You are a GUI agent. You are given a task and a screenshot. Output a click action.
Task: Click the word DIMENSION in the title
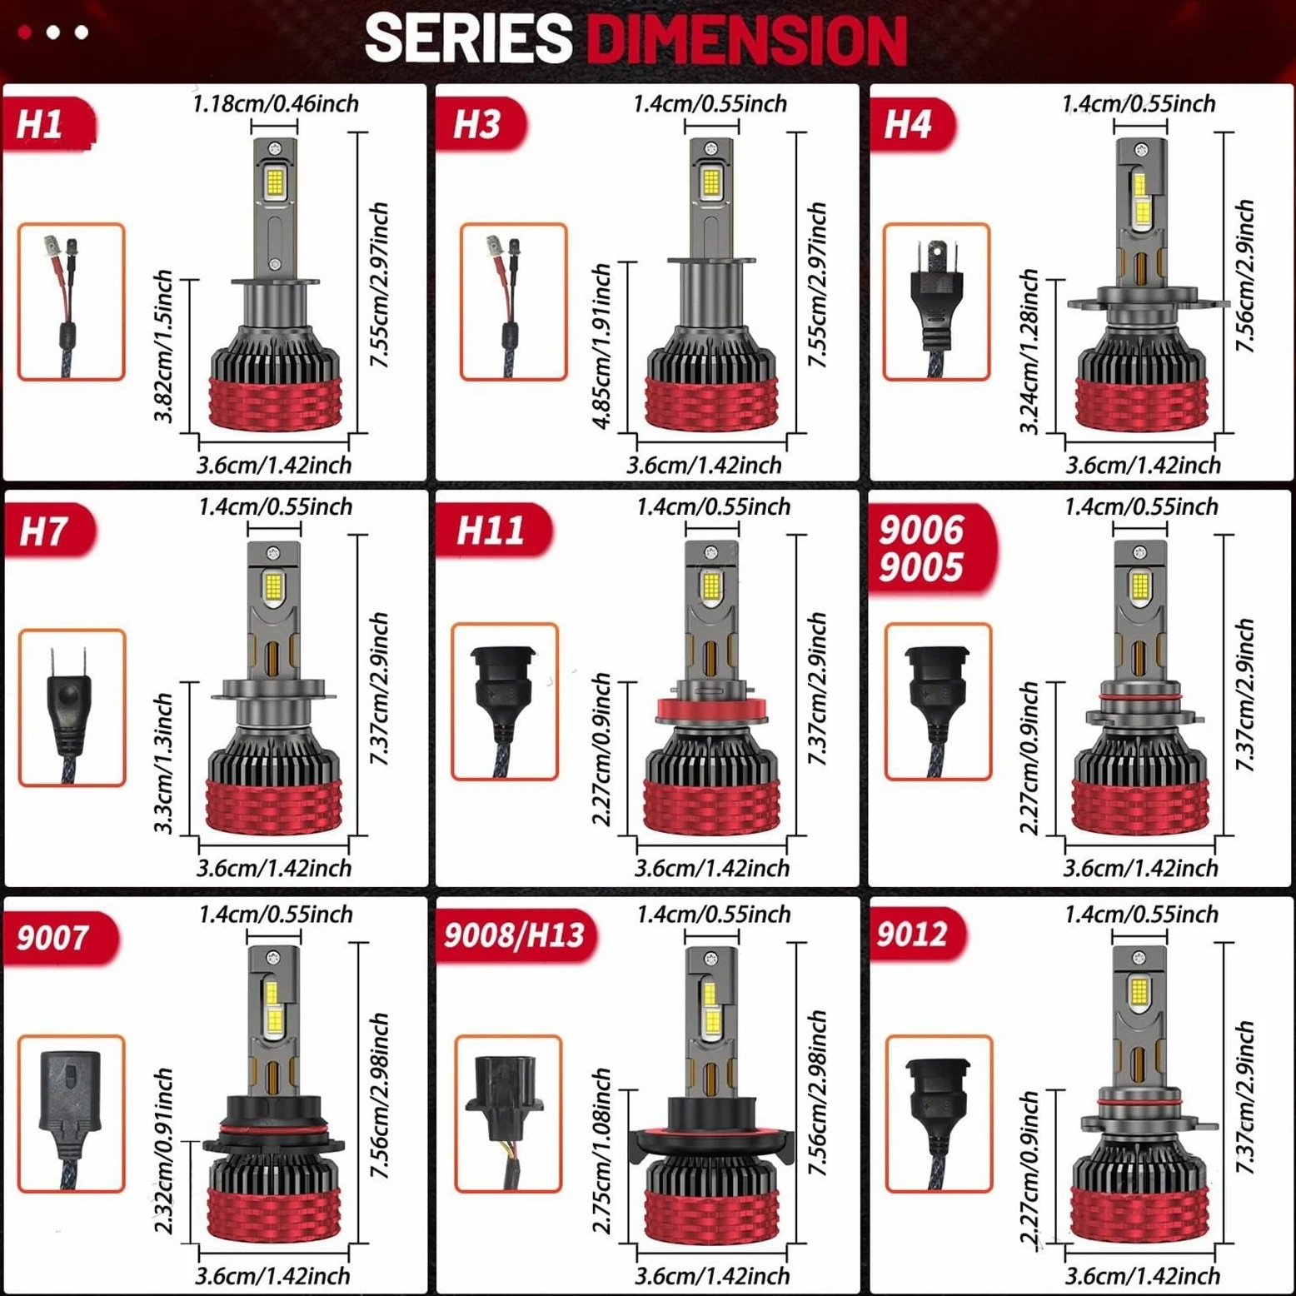[x=746, y=38]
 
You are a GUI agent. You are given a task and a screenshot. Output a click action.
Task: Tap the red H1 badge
[x=48, y=124]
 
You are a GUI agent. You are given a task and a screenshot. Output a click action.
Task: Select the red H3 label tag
[x=481, y=124]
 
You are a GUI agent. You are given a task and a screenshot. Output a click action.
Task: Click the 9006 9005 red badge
[x=931, y=550]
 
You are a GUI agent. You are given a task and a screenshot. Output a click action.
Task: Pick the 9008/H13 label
[x=516, y=936]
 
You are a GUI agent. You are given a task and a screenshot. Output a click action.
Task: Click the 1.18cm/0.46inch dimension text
[x=276, y=104]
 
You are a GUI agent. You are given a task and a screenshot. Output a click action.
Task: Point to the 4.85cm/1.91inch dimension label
[x=601, y=346]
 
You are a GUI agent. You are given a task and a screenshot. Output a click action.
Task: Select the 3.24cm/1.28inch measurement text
[x=1029, y=351]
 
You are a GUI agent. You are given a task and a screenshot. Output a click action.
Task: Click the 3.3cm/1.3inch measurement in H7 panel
[x=164, y=762]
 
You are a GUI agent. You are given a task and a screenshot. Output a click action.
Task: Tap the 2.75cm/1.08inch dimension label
[x=601, y=1150]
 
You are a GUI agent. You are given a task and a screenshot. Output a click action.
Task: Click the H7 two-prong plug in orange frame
[x=72, y=707]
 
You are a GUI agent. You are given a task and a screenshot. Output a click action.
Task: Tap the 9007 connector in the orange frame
[x=71, y=1114]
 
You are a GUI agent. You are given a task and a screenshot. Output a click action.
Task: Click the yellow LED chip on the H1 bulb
[x=275, y=182]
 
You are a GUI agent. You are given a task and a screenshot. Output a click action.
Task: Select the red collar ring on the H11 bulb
[x=710, y=709]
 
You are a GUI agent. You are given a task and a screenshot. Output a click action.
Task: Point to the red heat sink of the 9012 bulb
[x=1140, y=1214]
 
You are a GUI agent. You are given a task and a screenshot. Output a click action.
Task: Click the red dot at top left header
[x=25, y=32]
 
